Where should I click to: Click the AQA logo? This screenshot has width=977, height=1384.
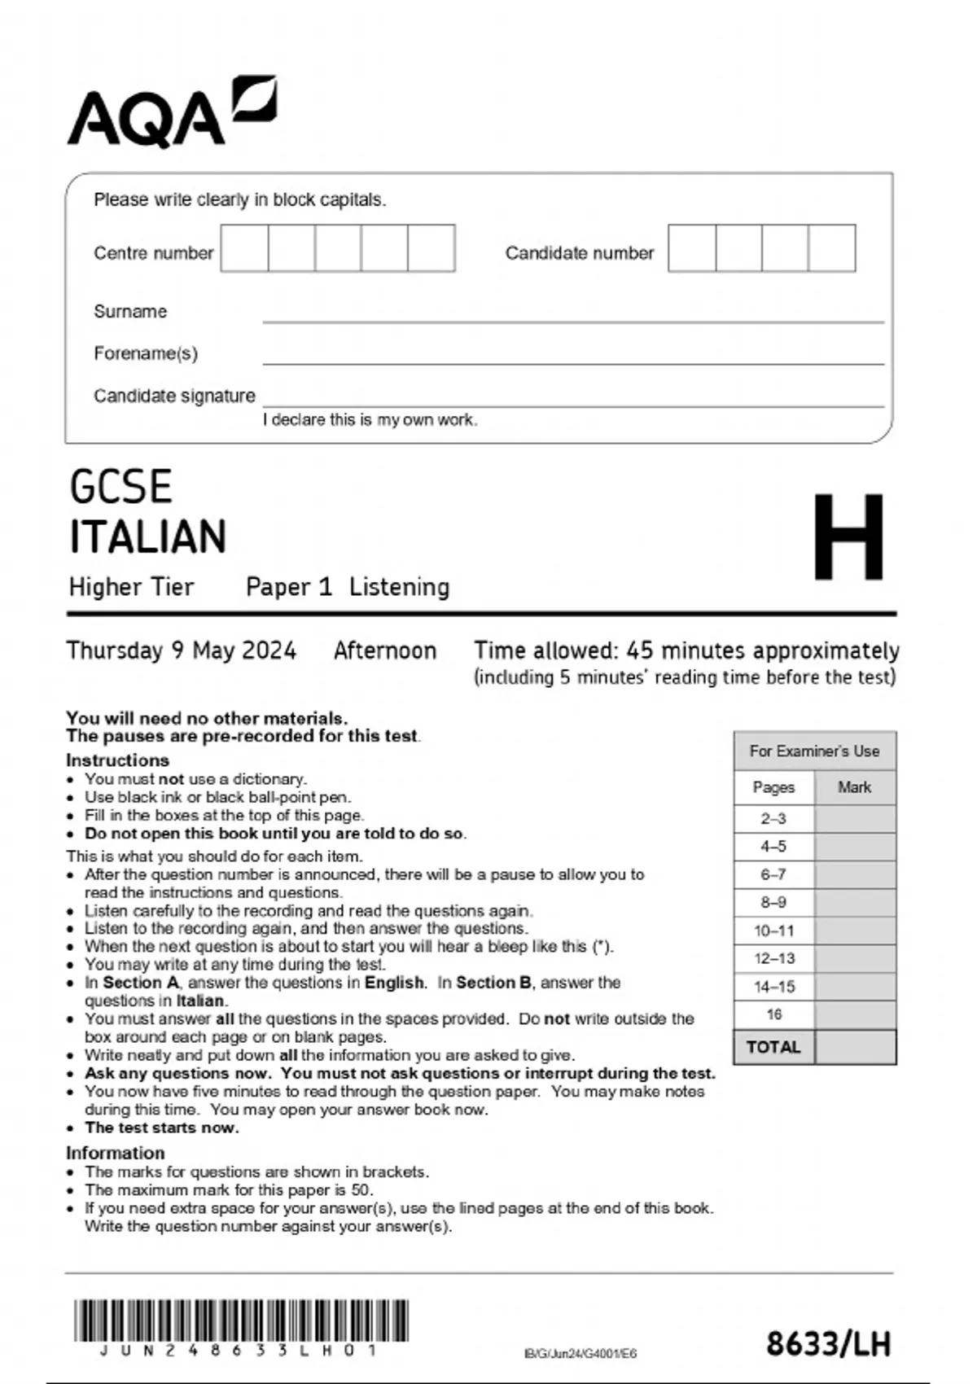pos(171,112)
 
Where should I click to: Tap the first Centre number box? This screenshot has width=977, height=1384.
pos(244,248)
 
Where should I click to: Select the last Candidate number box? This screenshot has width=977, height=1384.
pos(832,248)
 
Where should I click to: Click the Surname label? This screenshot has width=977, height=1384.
pos(130,311)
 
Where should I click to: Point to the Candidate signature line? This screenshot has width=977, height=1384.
pos(572,399)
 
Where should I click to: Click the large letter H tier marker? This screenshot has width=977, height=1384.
pos(848,537)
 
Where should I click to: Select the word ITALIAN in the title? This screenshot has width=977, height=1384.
pos(148,537)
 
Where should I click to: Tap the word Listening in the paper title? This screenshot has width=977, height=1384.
pos(399,587)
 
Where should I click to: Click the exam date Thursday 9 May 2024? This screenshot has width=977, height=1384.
pos(181,650)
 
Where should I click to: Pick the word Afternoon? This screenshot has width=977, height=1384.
pos(385,650)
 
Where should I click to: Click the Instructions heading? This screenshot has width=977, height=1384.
pos(117,760)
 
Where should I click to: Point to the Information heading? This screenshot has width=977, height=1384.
pos(115,1153)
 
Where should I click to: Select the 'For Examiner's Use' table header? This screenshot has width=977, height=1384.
pos(814,751)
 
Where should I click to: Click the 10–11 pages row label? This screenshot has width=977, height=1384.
pos(773,931)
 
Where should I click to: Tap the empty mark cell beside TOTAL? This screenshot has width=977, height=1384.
pos(855,1047)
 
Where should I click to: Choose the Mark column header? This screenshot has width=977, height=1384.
pos(854,787)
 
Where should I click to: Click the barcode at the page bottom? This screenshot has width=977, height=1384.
pos(241,1320)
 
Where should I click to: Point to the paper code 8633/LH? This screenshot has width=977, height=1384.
pos(828,1343)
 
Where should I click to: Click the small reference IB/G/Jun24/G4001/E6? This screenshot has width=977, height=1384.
pos(581,1354)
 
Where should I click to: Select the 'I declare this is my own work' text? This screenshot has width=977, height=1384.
pos(370,420)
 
